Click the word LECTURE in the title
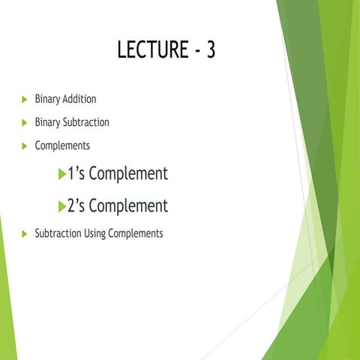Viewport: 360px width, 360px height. coord(151,50)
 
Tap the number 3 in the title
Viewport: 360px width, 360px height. coord(209,50)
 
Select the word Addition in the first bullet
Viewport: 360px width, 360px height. coord(79,99)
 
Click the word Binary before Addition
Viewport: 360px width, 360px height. coord(48,99)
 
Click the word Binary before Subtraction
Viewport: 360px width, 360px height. coord(48,122)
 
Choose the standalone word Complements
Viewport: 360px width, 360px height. coord(62,145)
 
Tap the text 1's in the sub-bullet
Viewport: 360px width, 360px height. coord(77,174)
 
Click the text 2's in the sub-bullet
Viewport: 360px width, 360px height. coord(77,205)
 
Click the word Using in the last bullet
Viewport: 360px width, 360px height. coord(94,234)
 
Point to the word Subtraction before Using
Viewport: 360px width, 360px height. coord(57,233)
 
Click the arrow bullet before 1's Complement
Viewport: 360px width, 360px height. coord(62,175)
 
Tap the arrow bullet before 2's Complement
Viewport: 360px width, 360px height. coord(62,206)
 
